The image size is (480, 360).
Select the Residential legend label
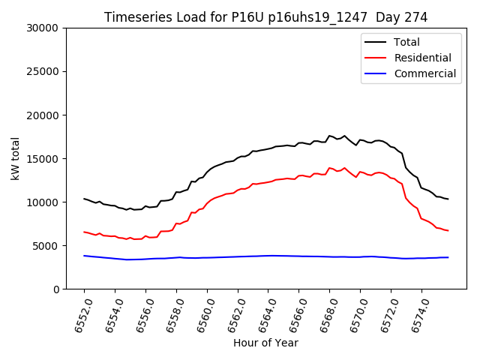(422, 58)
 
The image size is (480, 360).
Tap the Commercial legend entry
(424, 73)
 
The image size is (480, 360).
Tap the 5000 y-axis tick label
(46, 246)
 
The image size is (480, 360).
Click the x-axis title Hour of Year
(265, 343)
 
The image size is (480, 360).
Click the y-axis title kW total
(15, 158)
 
